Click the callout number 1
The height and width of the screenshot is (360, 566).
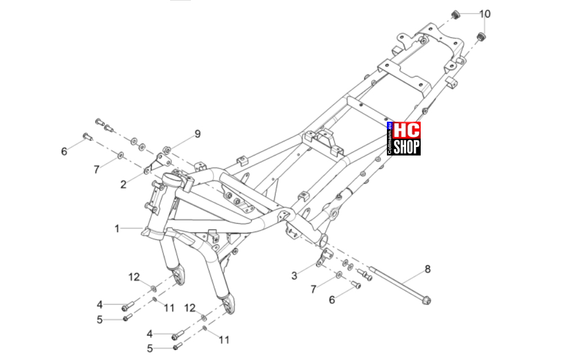coord(117,229)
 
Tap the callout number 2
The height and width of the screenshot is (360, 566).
coord(123,185)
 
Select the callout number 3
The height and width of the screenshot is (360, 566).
coord(294,276)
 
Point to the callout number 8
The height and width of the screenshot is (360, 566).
coord(427,269)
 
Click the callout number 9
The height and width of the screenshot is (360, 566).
coord(198,134)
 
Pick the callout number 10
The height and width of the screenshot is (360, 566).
coord(485,14)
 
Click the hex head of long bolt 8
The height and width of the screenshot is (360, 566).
coord(426,300)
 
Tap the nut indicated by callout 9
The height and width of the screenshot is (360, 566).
coord(167,149)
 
